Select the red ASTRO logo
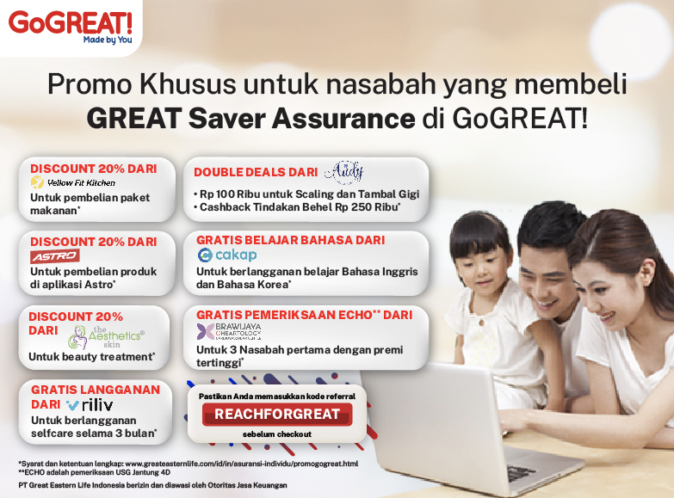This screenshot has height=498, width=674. pyautogui.click(x=55, y=256)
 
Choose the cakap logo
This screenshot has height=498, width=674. pyautogui.click(x=227, y=255)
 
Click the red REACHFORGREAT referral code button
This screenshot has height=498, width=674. pyautogui.click(x=277, y=415)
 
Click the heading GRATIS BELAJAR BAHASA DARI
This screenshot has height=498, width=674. pyautogui.click(x=291, y=240)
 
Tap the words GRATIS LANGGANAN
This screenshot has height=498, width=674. pyautogui.click(x=96, y=389)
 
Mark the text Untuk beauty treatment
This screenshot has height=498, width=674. pyautogui.click(x=92, y=356)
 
